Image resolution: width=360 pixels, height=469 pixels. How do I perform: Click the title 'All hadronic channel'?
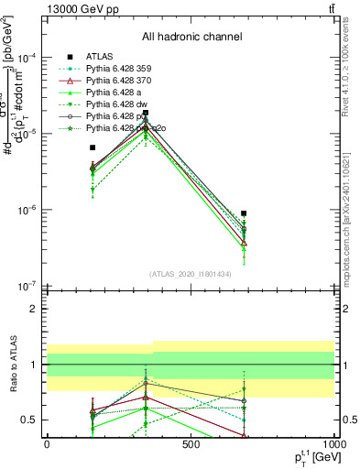pyautogui.click(x=191, y=38)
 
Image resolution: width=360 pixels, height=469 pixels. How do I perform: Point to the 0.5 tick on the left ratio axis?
pyautogui.click(x=30, y=420)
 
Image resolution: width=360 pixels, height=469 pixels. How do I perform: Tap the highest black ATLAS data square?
pyautogui.click(x=145, y=113)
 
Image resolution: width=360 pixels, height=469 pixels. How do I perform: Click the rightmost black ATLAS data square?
pyautogui.click(x=244, y=213)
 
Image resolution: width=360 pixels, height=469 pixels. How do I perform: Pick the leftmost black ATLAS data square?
pyautogui.click(x=92, y=147)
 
